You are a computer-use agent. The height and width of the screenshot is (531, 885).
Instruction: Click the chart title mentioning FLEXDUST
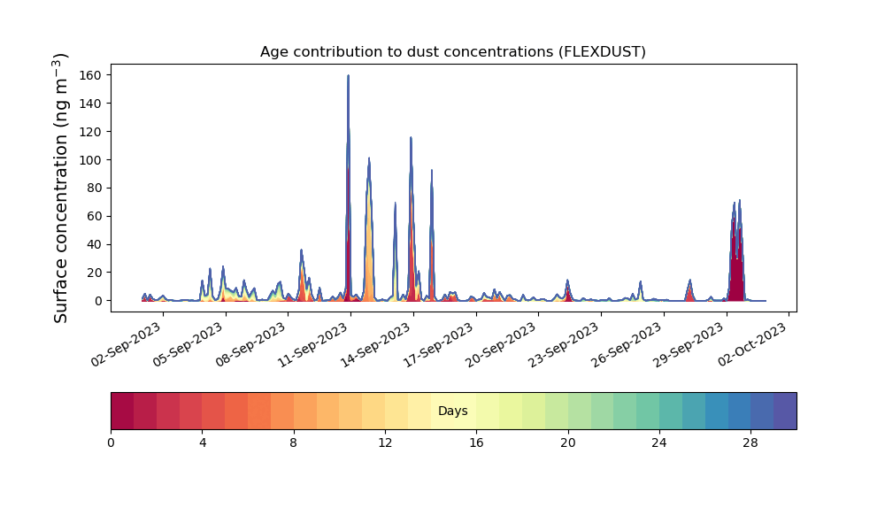point(452,52)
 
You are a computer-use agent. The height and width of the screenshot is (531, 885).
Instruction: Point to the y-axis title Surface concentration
point(60,188)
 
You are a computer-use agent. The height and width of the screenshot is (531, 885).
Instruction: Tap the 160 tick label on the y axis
point(90,75)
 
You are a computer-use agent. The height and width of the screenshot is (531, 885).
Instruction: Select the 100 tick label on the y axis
point(90,159)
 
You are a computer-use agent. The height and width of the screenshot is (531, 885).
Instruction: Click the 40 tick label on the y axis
point(95,244)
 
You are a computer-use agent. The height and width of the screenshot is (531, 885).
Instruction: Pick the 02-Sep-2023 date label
point(127,344)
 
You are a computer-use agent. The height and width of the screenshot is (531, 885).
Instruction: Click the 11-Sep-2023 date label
point(314,344)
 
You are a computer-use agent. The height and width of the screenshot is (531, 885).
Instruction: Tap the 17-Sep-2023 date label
point(439,344)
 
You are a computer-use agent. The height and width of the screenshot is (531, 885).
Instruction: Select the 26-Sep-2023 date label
point(627,344)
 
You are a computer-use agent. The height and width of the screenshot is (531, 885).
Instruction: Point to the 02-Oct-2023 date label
point(752,344)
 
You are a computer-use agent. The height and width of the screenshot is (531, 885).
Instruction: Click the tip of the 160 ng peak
point(348,75)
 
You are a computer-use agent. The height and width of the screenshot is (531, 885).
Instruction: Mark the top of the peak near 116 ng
point(411,137)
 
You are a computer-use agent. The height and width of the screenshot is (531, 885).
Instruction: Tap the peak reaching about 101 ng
point(368,158)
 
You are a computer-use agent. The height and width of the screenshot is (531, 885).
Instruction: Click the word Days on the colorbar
point(452,411)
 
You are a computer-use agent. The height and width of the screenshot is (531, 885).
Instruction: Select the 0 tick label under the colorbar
point(111,443)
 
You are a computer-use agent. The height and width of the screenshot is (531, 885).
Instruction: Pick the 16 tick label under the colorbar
point(476,443)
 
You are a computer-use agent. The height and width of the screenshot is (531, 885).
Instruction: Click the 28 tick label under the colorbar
point(750,443)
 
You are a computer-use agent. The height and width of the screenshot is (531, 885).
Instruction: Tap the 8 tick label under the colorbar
point(294,443)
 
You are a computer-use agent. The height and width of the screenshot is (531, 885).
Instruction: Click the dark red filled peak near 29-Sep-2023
point(736,265)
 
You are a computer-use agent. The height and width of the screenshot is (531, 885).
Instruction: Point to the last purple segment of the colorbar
point(785,411)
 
